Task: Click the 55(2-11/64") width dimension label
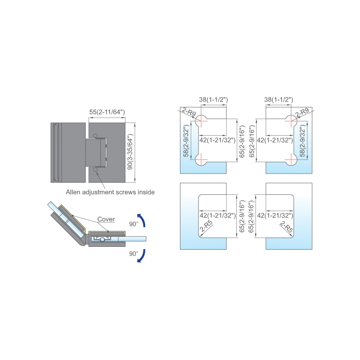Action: (x=107, y=112)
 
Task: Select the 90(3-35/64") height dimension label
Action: (x=130, y=152)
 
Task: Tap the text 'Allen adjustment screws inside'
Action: (x=110, y=192)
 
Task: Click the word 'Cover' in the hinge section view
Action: (x=106, y=219)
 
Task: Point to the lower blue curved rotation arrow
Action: (x=142, y=256)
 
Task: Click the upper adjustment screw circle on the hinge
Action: (x=95, y=136)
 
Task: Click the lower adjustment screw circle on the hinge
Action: (x=95, y=170)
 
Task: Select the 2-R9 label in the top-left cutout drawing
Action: (x=189, y=112)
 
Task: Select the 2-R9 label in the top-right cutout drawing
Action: (x=302, y=112)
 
